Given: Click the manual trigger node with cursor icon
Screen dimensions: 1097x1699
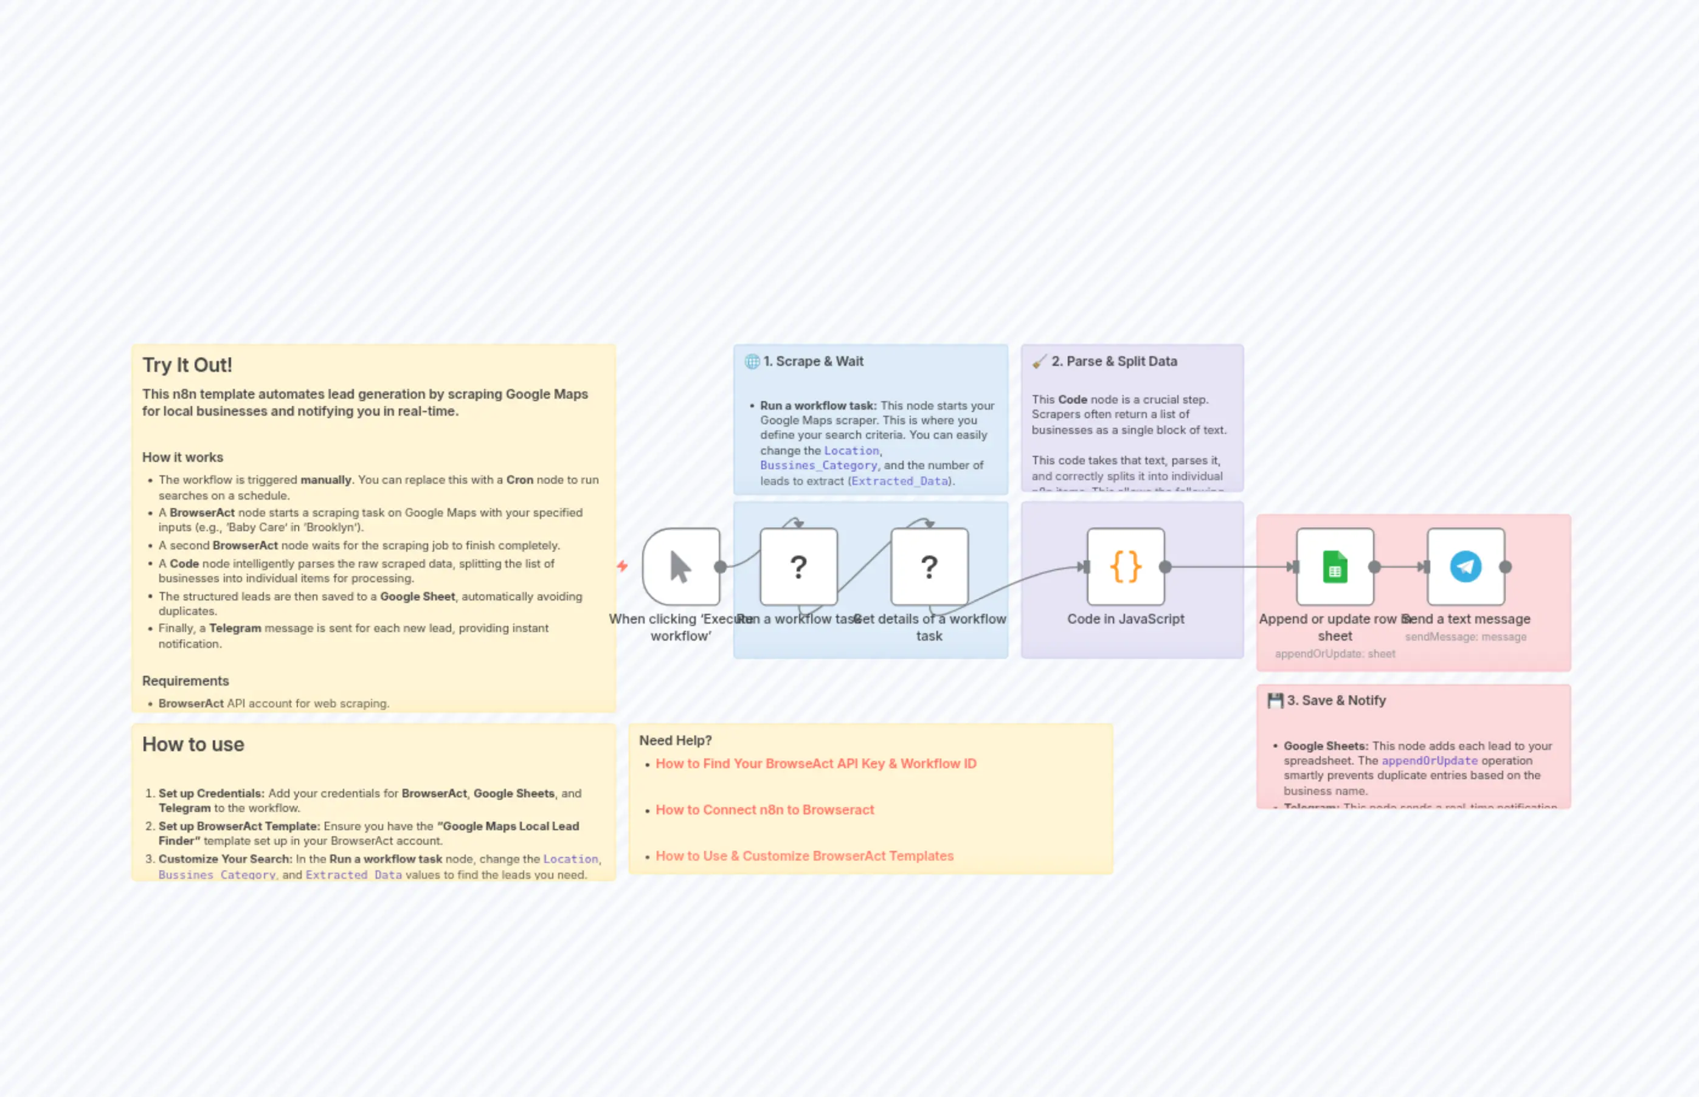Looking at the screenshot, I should (x=681, y=567).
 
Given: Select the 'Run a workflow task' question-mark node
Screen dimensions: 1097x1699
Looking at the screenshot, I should (x=798, y=567).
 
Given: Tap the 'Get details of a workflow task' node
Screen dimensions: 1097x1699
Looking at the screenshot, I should (x=929, y=567).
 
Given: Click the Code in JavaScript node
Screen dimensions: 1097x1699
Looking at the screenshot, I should (x=1126, y=567).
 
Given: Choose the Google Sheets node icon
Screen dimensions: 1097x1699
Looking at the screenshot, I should (x=1335, y=567).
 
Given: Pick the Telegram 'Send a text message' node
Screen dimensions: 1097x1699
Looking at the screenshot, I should (x=1465, y=567).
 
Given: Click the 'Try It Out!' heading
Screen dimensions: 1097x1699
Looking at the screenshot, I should (x=187, y=365).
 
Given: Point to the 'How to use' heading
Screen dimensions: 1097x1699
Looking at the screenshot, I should (x=193, y=745).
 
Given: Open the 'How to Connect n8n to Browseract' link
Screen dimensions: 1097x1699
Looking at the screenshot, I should (x=765, y=810).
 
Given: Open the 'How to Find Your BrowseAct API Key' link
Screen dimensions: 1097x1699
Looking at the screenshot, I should (x=816, y=763).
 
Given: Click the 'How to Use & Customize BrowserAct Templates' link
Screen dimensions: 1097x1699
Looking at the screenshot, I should (x=805, y=856).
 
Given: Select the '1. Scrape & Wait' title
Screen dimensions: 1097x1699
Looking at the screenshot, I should (x=813, y=361).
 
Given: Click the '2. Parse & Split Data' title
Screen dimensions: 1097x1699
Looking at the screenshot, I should (x=1114, y=361).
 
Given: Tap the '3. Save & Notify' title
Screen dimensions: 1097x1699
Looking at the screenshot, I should (x=1336, y=700).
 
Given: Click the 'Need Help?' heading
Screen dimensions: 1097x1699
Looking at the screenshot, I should (x=676, y=741).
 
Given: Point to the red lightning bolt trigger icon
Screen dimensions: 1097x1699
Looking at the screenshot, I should (x=622, y=566).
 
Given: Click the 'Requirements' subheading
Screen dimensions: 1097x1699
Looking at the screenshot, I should (x=185, y=681).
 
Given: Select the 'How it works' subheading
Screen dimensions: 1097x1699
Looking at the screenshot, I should (x=182, y=457).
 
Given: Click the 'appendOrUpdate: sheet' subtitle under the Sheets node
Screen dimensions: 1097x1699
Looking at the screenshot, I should (x=1335, y=654).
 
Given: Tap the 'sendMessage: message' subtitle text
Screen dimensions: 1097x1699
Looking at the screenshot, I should (x=1465, y=637).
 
